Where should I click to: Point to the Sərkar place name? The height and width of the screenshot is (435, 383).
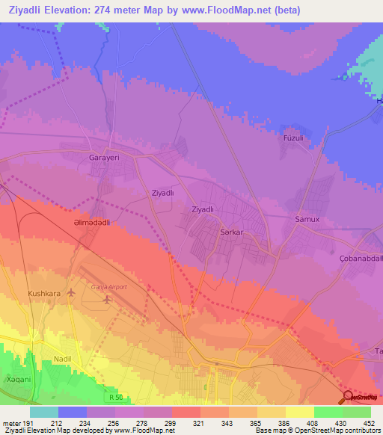[x=232, y=232]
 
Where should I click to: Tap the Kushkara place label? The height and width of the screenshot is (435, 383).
[x=43, y=294]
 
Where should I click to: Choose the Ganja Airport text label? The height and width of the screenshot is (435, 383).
[x=108, y=286]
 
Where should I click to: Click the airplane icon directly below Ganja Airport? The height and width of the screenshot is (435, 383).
[x=106, y=299]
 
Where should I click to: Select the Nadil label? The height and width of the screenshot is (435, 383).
[x=63, y=360]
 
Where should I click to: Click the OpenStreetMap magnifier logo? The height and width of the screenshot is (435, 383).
[x=349, y=396]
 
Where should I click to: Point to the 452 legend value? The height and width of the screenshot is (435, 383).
[x=368, y=422]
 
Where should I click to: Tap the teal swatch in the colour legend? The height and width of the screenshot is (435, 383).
[x=44, y=412]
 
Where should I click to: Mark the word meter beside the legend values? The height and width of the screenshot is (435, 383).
[x=12, y=422]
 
